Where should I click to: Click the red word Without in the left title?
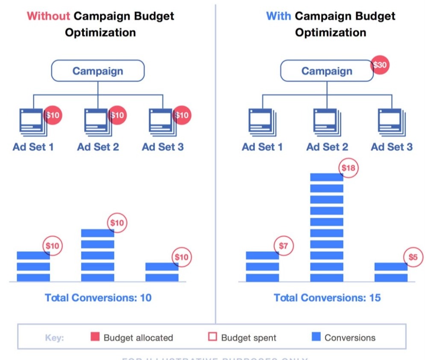(x=48, y=16)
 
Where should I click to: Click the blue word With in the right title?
(x=278, y=16)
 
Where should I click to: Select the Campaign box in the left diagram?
(x=98, y=71)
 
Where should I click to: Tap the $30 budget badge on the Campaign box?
(x=379, y=65)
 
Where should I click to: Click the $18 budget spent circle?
(x=348, y=168)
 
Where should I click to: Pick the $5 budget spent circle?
(x=413, y=257)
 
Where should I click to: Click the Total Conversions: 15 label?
(x=327, y=298)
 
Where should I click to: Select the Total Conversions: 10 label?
(x=98, y=298)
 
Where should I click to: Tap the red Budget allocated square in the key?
(x=95, y=337)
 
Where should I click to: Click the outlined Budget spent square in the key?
(x=213, y=337)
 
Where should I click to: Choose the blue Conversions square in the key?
(x=316, y=337)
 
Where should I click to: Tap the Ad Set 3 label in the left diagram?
(x=163, y=147)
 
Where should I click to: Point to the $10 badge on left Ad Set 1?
(x=53, y=115)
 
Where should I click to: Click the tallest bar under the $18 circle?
(x=327, y=227)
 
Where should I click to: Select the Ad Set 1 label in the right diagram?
(x=262, y=147)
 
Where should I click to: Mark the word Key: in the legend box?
(x=54, y=338)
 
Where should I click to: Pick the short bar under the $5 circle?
(x=391, y=272)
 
